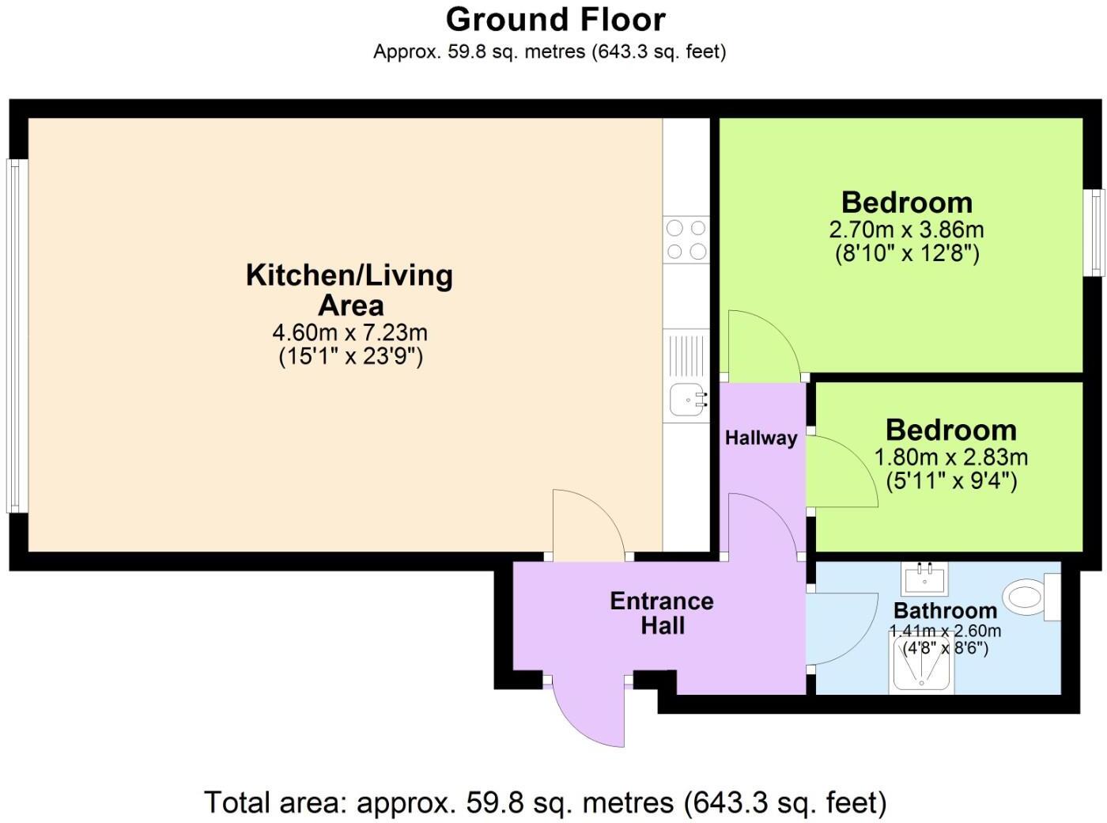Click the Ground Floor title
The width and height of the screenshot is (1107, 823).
[555, 19]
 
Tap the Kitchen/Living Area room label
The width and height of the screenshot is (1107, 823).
[349, 290]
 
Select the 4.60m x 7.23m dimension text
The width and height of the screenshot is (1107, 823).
[349, 332]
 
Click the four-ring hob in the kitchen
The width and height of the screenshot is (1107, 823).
[686, 240]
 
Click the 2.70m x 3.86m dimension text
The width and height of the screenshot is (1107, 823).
[906, 230]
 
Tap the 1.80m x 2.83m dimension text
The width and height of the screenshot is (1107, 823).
[950, 457]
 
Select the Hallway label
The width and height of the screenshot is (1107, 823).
[761, 438]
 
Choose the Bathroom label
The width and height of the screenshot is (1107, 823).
[945, 610]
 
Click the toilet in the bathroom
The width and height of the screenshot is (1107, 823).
[1028, 597]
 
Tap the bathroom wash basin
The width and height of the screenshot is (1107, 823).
[924, 578]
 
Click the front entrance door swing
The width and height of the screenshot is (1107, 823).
[589, 712]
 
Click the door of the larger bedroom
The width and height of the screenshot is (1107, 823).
[761, 344]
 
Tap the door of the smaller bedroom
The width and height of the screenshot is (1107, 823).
[842, 472]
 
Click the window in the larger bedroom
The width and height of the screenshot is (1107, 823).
[1094, 233]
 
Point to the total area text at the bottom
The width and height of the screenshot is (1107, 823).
[546, 802]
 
